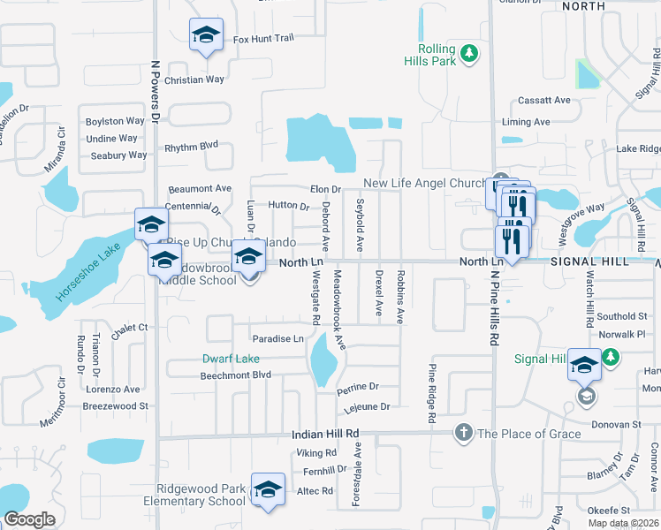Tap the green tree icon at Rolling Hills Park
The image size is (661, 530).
tap(470, 55)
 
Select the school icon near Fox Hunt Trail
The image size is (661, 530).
tap(206, 35)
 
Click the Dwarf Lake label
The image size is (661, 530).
tap(231, 359)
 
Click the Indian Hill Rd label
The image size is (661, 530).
tap(326, 435)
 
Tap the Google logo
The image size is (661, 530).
tap(29, 519)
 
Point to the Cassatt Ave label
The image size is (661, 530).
tap(544, 101)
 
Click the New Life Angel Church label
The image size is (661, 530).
tap(426, 184)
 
